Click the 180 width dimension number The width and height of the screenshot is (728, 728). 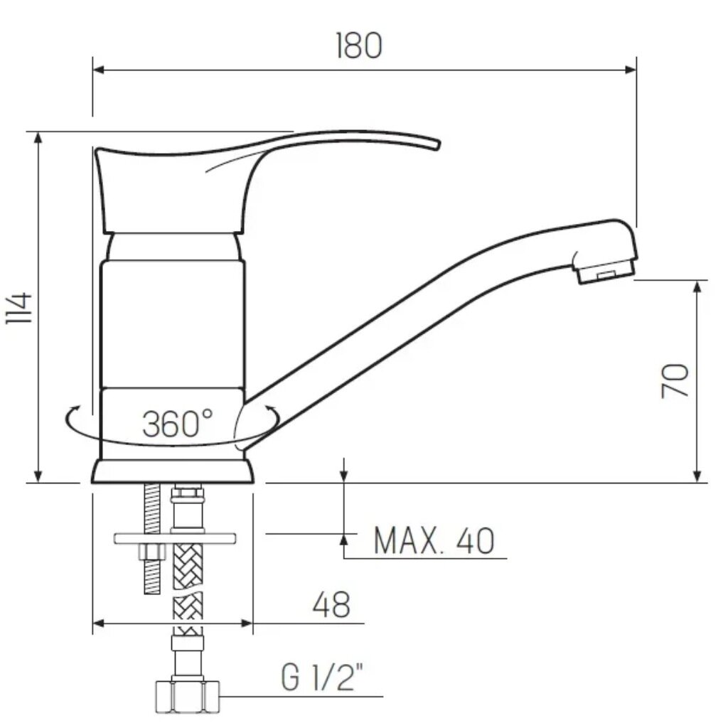click(x=359, y=45)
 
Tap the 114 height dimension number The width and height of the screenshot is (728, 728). click(x=19, y=308)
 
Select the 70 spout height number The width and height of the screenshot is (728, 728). click(x=675, y=381)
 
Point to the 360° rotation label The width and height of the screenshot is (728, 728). click(x=177, y=424)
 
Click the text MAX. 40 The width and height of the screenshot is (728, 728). click(x=434, y=540)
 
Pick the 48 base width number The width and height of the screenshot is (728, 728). click(x=331, y=604)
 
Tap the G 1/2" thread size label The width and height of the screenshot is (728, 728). click(x=321, y=677)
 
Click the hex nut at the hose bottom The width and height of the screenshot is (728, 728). click(x=187, y=697)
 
